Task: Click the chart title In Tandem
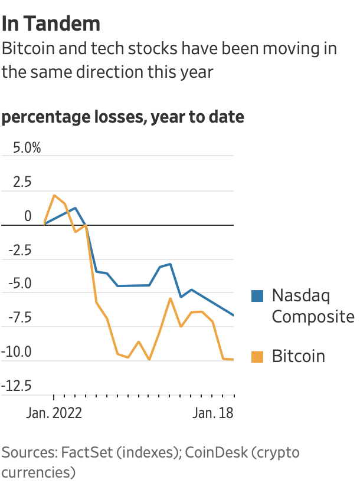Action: pos(51,24)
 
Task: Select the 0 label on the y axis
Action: pos(28,216)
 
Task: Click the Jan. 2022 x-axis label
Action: pos(54,413)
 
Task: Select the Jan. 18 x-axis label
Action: pos(213,413)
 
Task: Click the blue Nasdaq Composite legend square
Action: pos(257,296)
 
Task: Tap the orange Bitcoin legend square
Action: pos(257,357)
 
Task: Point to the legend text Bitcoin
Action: pos(298,356)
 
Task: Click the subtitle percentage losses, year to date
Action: pos(123,117)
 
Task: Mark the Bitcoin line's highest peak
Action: pos(54,195)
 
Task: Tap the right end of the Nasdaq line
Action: pos(234,315)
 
